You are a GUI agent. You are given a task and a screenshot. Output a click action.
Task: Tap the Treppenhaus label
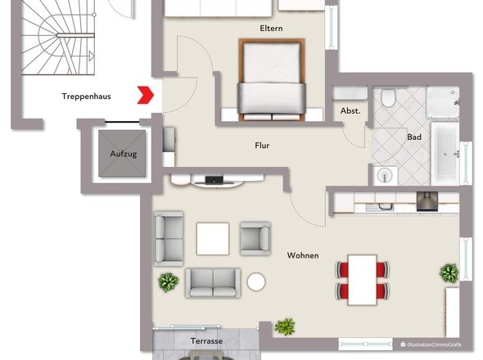click(x=86, y=97)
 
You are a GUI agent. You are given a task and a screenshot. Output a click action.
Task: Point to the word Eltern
click(x=271, y=29)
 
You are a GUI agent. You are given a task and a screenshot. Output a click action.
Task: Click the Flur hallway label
click(x=262, y=146)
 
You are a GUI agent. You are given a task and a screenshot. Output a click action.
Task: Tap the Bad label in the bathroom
click(x=414, y=137)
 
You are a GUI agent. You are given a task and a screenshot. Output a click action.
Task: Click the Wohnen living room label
click(x=303, y=255)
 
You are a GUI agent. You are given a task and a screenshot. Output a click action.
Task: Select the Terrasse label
click(x=206, y=341)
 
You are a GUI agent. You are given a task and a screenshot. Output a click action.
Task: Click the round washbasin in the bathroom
click(x=383, y=174)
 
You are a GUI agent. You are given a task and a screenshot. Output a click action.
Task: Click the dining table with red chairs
click(x=361, y=279)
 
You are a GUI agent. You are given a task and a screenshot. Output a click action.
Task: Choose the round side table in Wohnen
click(x=256, y=282)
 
